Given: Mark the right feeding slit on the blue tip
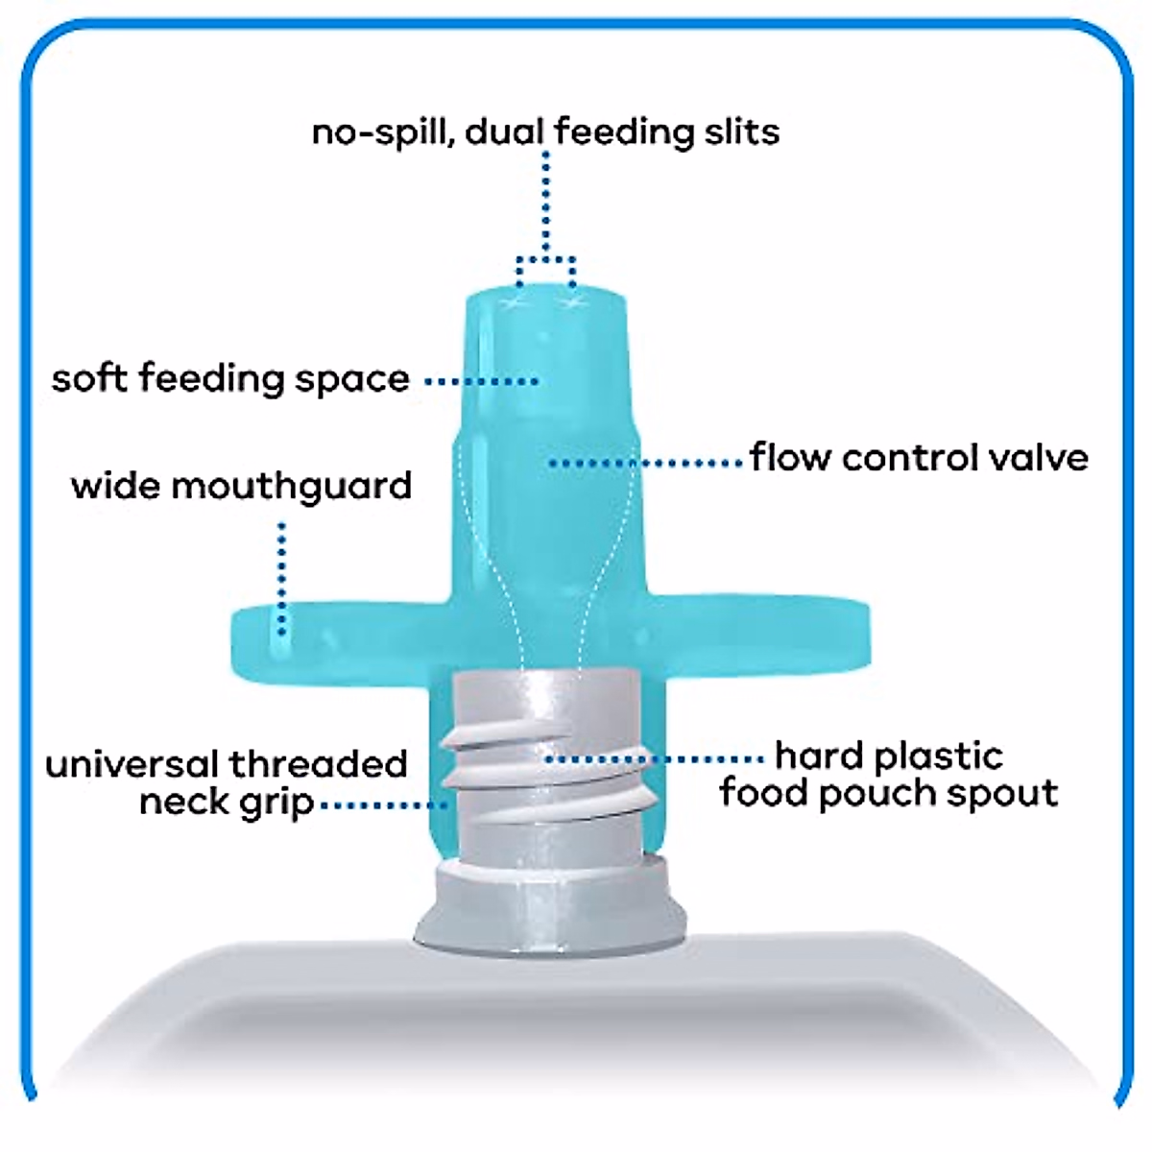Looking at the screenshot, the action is (x=573, y=303).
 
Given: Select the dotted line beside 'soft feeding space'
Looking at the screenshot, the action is (x=480, y=381).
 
